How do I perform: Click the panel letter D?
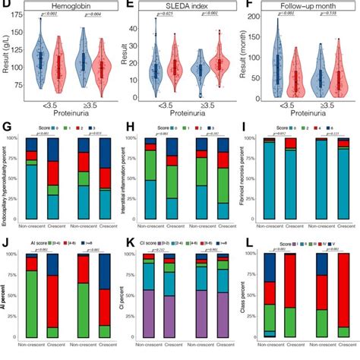click(5, 6)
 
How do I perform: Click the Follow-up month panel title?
click(312, 6)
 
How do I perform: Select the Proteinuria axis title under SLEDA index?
click(194, 122)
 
